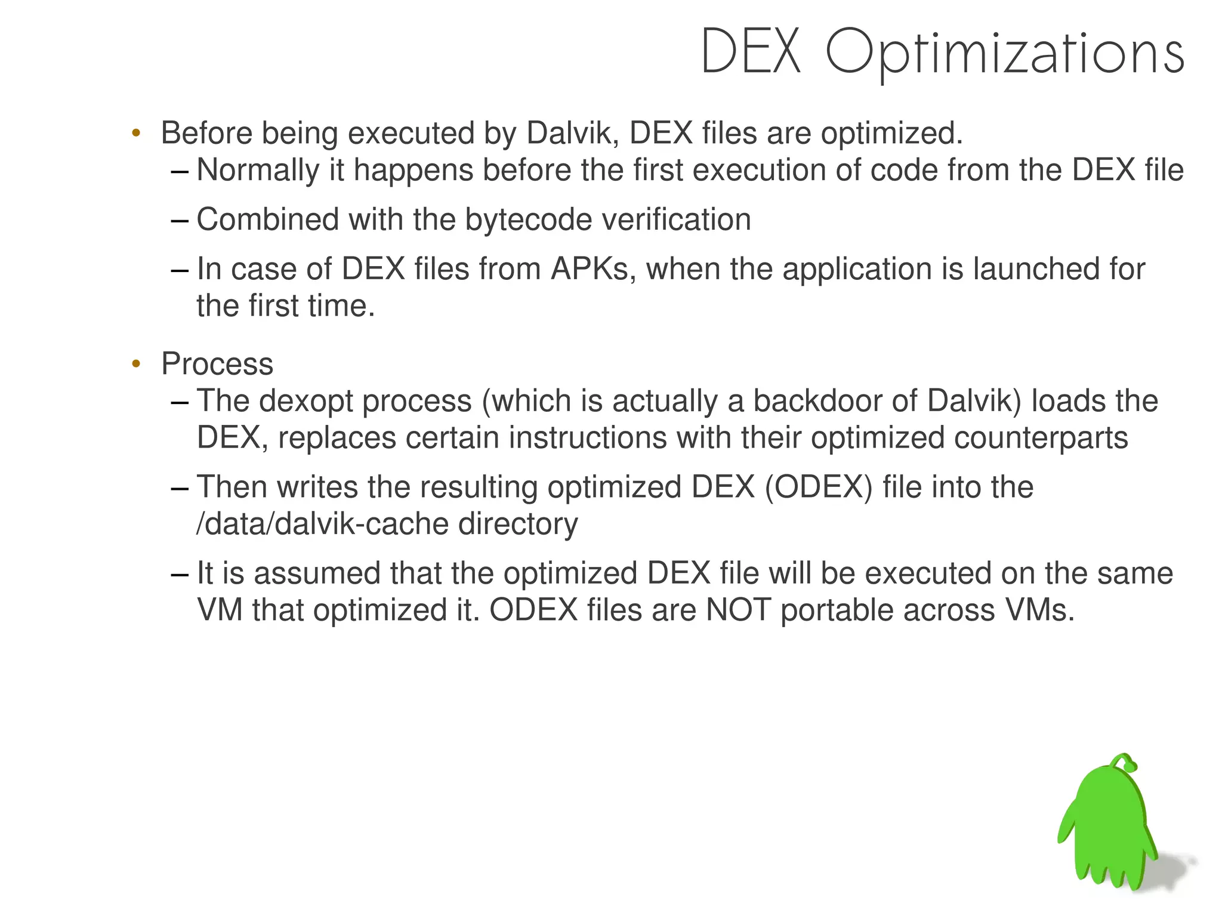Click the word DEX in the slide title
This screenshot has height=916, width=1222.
click(x=751, y=53)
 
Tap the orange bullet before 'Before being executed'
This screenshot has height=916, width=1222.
click(x=136, y=132)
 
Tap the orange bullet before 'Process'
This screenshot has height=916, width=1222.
click(x=136, y=363)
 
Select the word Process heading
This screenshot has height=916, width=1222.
click(x=217, y=364)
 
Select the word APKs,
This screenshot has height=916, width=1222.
click(x=593, y=269)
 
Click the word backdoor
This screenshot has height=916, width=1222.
click(x=817, y=401)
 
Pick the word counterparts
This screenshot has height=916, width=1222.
click(x=1041, y=438)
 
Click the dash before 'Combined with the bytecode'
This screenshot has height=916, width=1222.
click(x=178, y=220)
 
